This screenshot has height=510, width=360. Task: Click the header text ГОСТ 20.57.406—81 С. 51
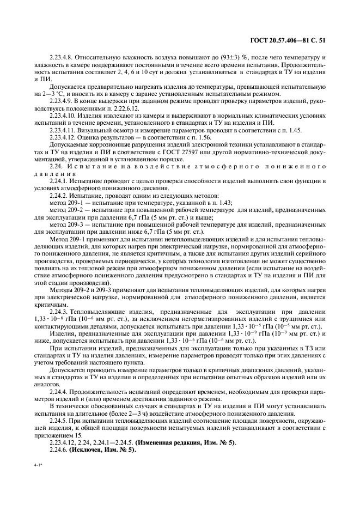295,40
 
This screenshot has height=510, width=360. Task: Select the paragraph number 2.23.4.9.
63,101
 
